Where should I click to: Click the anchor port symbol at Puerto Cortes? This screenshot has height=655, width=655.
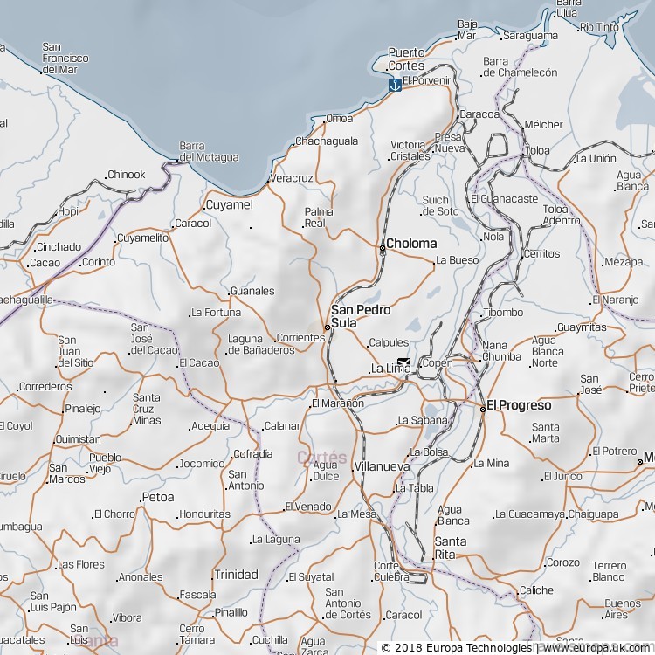tap(395, 85)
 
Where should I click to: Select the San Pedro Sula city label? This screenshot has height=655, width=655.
tap(361, 316)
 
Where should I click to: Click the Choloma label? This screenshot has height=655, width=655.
tap(411, 244)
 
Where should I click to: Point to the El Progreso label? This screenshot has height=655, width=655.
tap(519, 405)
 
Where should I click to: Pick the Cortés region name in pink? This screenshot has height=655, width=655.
tap(321, 458)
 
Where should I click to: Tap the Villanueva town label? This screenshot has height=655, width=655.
tap(383, 467)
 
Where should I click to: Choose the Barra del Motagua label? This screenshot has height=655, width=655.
tap(208, 152)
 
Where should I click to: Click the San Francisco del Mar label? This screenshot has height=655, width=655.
tap(65, 58)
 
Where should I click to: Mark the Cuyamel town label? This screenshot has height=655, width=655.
tap(229, 205)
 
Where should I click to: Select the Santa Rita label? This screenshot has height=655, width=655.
tap(451, 548)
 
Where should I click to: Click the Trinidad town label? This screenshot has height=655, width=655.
tap(236, 575)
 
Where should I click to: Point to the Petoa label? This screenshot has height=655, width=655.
tap(157, 497)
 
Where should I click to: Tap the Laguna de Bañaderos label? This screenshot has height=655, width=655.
tap(260, 345)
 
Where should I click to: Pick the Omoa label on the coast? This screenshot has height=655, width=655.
tap(340, 118)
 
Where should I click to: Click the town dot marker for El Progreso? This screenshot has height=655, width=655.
tap(482, 409)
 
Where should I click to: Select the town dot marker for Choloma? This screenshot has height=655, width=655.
tap(382, 249)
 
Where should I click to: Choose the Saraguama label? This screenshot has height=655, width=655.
tap(530, 36)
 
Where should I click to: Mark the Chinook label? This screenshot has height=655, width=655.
tap(127, 175)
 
